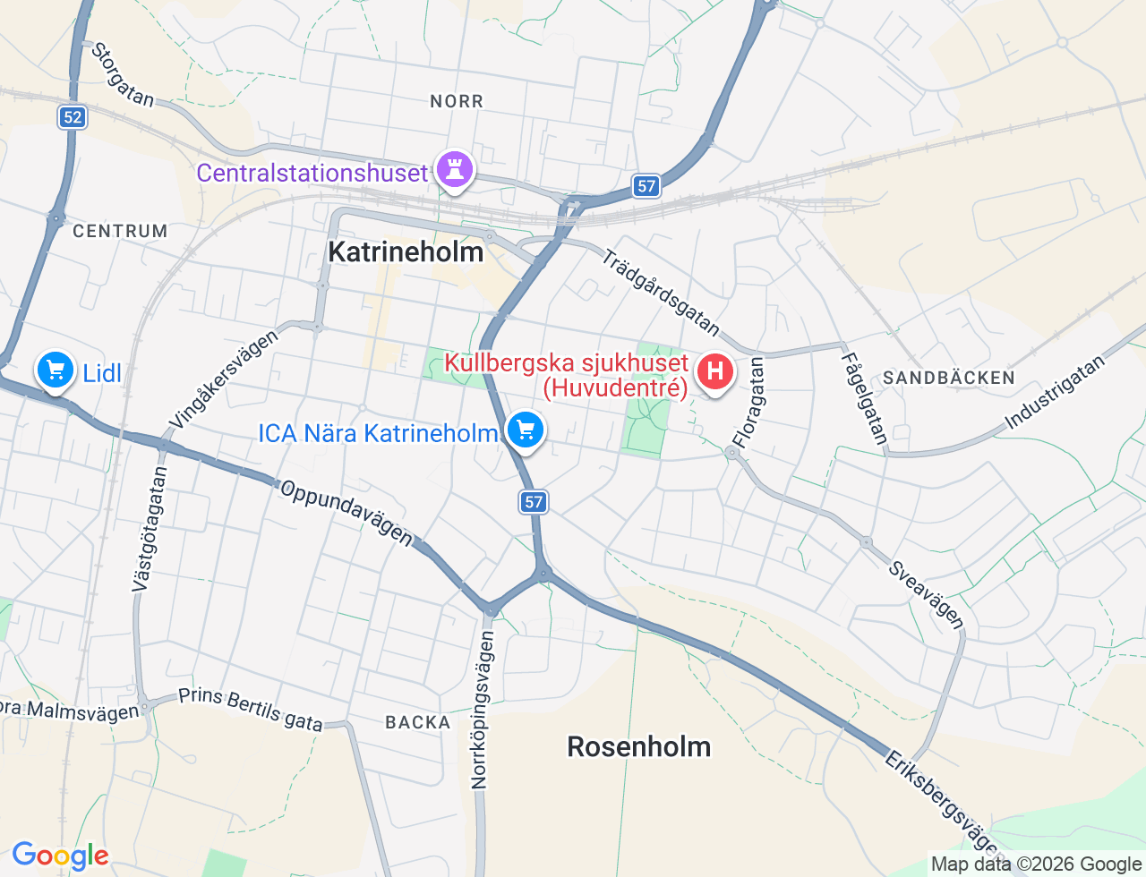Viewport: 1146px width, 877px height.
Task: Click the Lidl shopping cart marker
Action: coord(56,370)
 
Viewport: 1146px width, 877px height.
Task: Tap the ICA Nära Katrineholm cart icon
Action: coord(526,430)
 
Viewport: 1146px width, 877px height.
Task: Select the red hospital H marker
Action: coord(714,371)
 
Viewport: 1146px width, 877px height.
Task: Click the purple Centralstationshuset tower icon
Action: coord(455,168)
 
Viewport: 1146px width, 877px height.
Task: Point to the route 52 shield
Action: coord(73,117)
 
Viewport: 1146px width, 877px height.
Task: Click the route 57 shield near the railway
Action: coord(646,186)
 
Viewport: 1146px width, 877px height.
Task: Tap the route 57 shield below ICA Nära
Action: coord(534,502)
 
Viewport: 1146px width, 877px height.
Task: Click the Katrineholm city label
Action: coord(406,251)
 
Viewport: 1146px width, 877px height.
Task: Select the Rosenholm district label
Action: coord(638,746)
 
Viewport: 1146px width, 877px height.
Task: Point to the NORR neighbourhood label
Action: coord(457,101)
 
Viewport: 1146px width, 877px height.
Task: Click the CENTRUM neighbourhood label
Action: coord(120,231)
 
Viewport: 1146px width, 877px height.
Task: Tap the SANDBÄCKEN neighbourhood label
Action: coord(949,378)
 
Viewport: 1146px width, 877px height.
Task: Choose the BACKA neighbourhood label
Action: coord(418,722)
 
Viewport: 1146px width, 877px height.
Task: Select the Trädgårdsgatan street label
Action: coord(661,293)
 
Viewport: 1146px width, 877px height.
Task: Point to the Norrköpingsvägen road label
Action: coord(482,710)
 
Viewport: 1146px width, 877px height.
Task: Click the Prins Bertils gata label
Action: coord(251,709)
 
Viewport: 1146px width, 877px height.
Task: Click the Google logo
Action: coord(60,856)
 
